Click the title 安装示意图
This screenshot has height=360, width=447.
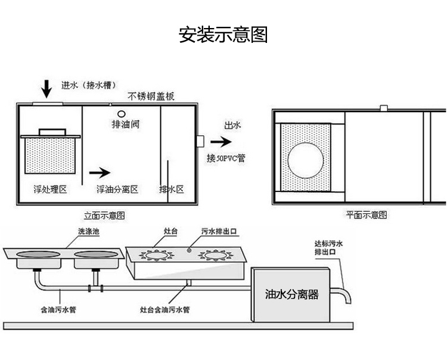(x=223, y=35)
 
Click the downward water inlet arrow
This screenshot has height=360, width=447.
(x=46, y=89)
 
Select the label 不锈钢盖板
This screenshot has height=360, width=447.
(x=150, y=97)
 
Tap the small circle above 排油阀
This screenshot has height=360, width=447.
(x=121, y=114)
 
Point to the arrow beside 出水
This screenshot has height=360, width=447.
(x=220, y=142)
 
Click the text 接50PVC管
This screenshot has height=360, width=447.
(x=226, y=158)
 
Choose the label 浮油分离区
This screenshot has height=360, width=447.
(x=117, y=189)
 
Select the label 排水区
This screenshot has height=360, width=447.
(x=171, y=189)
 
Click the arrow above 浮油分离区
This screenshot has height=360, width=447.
(x=100, y=173)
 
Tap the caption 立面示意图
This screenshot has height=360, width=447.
(x=104, y=215)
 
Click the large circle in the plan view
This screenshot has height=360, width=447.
(x=307, y=160)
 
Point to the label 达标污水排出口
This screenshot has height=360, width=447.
(x=329, y=247)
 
